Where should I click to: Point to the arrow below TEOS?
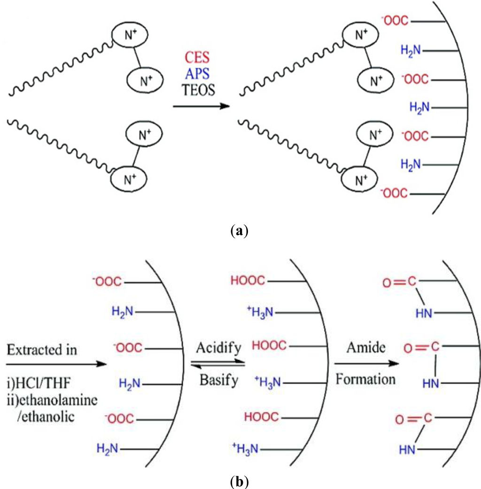[201, 107]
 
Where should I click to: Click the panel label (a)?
[240, 231]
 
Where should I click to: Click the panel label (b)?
[240, 481]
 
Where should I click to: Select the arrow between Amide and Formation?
[366, 364]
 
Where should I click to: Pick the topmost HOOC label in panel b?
[248, 281]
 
